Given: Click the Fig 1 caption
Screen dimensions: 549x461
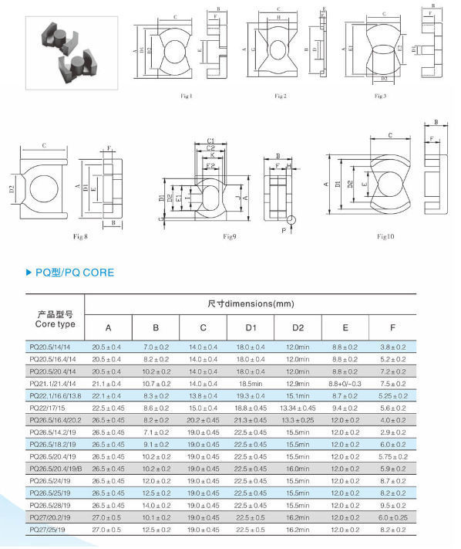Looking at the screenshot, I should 187,96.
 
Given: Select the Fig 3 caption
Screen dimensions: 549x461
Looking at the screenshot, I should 379,96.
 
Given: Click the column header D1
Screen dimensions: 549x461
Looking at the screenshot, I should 251,327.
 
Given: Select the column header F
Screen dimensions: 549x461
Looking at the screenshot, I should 393,327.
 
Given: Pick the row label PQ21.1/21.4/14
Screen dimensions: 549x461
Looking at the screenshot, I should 54,383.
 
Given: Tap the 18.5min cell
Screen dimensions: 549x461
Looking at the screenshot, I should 251,383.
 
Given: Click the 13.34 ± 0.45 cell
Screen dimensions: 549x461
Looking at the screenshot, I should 298,408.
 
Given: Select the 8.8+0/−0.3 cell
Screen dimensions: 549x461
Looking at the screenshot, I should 345,383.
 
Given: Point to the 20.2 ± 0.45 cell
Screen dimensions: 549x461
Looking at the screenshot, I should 204,420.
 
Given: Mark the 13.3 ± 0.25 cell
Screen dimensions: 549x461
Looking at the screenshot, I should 298,420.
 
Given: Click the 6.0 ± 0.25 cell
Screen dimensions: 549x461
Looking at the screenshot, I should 393,518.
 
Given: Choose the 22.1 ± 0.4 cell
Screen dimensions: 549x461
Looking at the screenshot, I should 107,395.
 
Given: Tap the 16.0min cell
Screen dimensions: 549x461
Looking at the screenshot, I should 298,469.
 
